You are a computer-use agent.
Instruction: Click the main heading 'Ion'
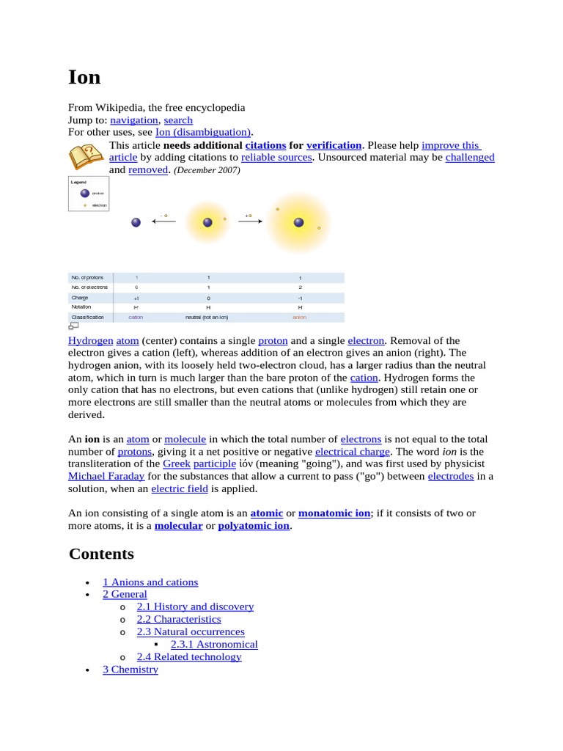(x=84, y=77)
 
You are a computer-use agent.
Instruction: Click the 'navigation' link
(x=134, y=120)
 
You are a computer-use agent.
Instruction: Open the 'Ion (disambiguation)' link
(x=203, y=132)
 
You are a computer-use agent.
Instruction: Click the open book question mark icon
(x=86, y=157)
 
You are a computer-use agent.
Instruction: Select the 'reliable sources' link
(x=276, y=157)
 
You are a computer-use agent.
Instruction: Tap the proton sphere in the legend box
(x=85, y=194)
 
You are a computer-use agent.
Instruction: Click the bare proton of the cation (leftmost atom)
(x=136, y=223)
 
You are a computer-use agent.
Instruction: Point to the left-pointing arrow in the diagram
(x=163, y=222)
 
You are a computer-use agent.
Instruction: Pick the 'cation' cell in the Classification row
(x=136, y=318)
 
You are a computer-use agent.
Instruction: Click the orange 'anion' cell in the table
(x=299, y=318)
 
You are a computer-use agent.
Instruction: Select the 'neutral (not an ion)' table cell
(x=208, y=318)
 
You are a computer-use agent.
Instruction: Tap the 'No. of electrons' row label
(x=89, y=287)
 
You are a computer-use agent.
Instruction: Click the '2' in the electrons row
(x=299, y=287)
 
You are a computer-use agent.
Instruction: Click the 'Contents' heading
(x=101, y=554)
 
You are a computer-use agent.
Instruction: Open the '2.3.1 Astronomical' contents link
(x=214, y=644)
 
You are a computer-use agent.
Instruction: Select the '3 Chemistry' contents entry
(x=130, y=669)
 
